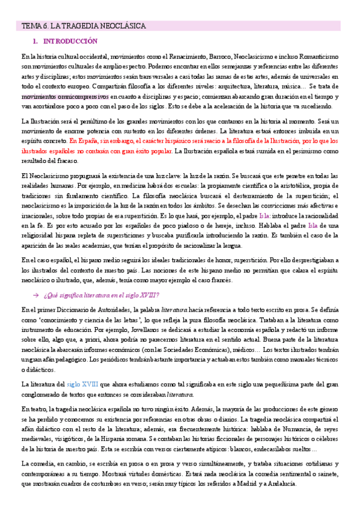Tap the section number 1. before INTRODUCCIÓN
click(35, 41)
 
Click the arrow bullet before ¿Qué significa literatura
click(35, 295)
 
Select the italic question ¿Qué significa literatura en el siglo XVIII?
click(102, 295)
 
